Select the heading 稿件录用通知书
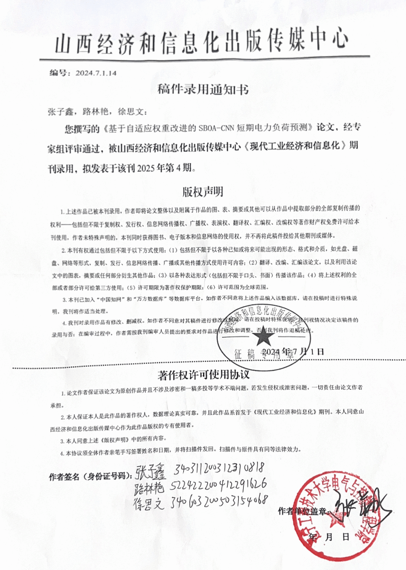point(202,90)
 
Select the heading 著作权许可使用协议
point(202,376)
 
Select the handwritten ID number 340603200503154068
point(220,498)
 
